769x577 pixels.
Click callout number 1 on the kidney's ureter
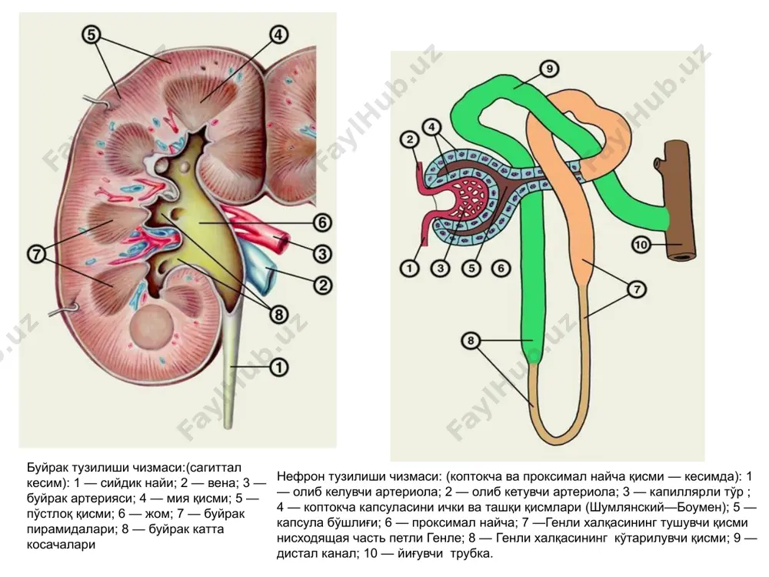point(279,367)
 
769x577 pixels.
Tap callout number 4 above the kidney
point(278,35)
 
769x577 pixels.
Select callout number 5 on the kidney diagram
point(92,35)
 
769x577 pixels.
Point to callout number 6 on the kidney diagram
point(322,223)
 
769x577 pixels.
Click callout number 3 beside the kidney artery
point(322,254)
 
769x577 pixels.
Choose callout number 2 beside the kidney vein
point(322,285)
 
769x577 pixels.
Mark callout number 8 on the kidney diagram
point(279,315)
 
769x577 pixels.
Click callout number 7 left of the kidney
point(37,255)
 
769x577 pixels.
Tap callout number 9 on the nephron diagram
point(549,69)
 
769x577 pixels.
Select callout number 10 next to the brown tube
point(641,245)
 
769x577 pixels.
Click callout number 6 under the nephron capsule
point(501,268)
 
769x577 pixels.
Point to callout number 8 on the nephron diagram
point(471,341)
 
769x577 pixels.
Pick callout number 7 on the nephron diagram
point(637,289)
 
